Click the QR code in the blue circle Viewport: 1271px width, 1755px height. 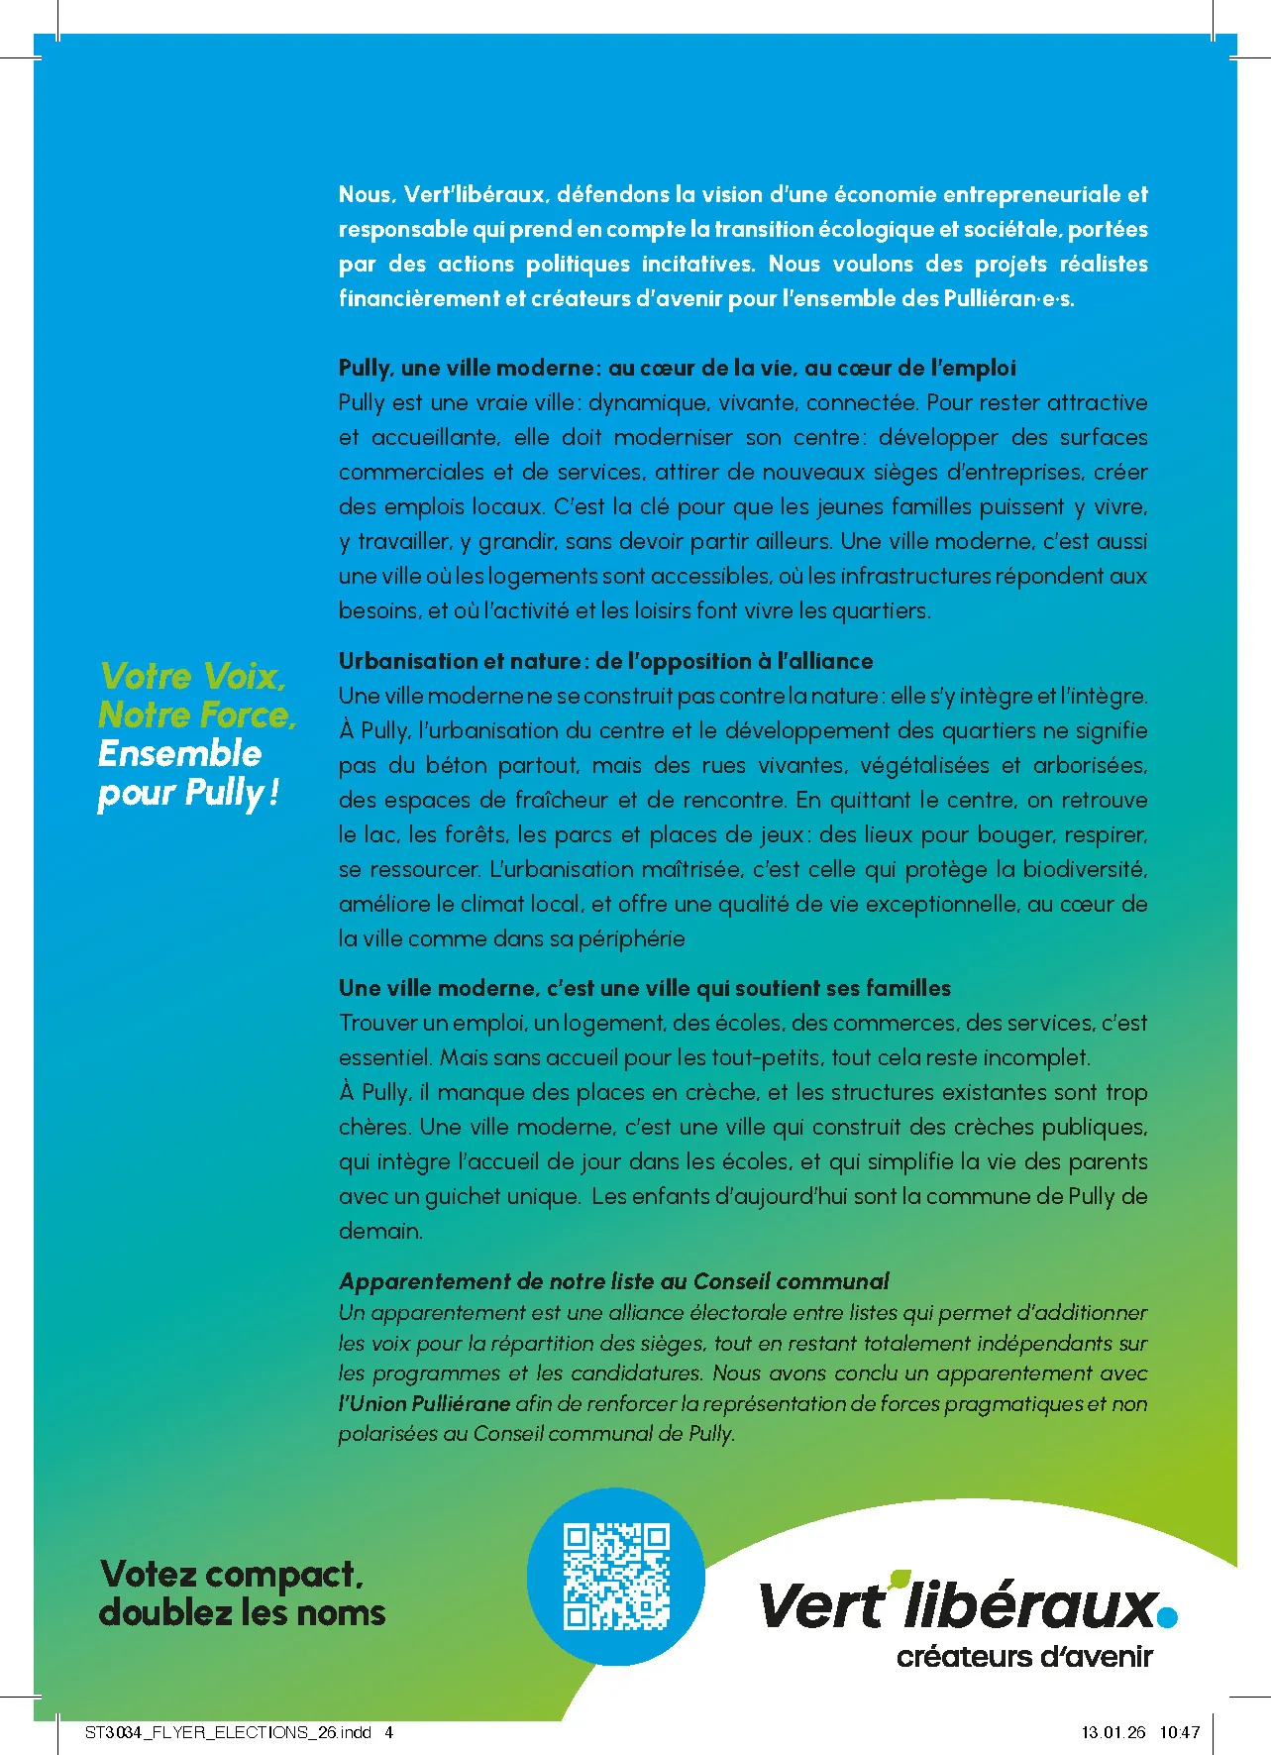(x=616, y=1577)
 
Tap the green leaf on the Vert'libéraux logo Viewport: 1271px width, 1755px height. (x=900, y=1577)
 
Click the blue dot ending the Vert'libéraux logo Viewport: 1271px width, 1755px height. (x=1168, y=1617)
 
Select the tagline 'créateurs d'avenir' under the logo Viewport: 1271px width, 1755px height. (x=1024, y=1657)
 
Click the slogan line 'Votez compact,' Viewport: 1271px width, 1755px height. (x=232, y=1574)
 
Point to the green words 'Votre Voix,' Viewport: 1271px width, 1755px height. (x=193, y=677)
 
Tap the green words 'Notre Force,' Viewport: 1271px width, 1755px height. (x=197, y=714)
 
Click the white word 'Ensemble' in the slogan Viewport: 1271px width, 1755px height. (x=180, y=754)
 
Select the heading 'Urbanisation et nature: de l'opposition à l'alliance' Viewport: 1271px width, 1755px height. (x=605, y=661)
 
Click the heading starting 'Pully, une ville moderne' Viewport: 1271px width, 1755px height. (x=677, y=368)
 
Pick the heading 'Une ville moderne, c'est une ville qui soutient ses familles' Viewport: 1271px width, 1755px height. (x=644, y=988)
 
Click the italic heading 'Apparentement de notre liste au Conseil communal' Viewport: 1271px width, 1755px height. (x=613, y=1281)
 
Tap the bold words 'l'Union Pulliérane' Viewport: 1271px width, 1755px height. (x=425, y=1403)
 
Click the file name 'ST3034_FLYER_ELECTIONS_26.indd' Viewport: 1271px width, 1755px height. (x=228, y=1732)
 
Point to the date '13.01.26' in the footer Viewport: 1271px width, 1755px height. (x=1112, y=1732)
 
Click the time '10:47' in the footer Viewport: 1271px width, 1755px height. (x=1179, y=1732)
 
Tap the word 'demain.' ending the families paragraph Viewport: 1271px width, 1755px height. (x=380, y=1231)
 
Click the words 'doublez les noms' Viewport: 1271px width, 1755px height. (x=242, y=1613)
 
